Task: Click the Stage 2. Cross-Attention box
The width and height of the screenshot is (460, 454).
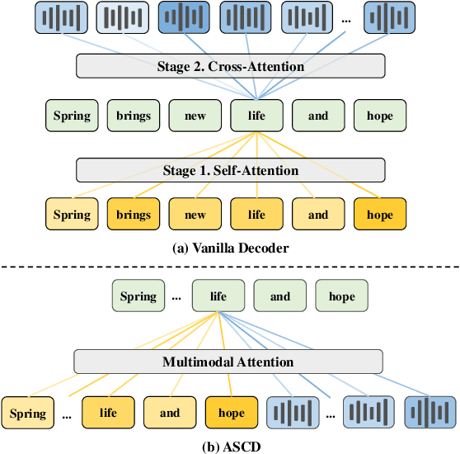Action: pos(230,66)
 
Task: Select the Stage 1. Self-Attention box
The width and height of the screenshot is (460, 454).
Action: pos(230,170)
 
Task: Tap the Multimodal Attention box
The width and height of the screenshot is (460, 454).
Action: pos(228,362)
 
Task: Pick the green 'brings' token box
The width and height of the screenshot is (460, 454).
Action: pos(133,116)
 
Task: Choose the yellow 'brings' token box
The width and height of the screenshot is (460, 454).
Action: pos(133,215)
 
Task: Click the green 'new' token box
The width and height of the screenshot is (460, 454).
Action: pos(195,116)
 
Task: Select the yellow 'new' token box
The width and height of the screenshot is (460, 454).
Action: pos(195,215)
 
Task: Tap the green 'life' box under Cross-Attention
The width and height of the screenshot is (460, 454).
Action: pos(256,116)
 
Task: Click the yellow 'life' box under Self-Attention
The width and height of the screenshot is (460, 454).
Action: pos(256,215)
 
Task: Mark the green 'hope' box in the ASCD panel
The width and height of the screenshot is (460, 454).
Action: pos(342,296)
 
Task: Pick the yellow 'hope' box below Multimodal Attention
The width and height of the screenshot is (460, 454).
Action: pos(231,413)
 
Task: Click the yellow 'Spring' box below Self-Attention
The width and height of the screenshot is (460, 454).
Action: pos(72,215)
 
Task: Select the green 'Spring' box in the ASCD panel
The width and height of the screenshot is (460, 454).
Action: pos(137,296)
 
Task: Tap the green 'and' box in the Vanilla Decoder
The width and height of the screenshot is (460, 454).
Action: pos(318,116)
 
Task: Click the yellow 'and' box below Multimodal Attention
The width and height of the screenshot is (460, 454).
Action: pos(170,413)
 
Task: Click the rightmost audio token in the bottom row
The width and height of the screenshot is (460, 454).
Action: pos(430,413)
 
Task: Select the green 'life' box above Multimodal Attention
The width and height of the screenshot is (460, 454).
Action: pos(218,296)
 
